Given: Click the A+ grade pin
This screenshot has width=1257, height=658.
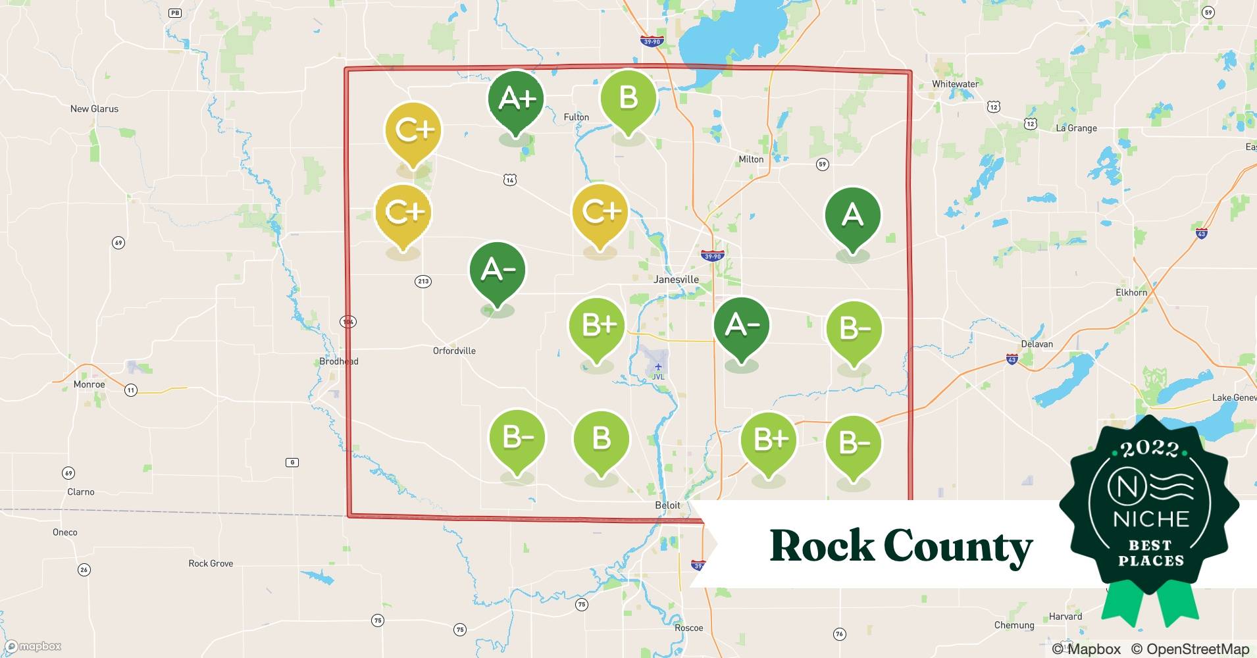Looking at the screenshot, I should tap(516, 100).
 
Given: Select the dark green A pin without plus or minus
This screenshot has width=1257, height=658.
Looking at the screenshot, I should tap(852, 216).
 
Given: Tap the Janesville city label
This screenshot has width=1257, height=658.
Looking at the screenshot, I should tap(676, 280).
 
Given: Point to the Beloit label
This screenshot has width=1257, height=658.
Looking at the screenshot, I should tap(667, 505).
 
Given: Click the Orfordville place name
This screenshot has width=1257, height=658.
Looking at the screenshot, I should tap(454, 351).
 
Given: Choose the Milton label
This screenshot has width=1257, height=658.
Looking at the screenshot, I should tap(751, 159).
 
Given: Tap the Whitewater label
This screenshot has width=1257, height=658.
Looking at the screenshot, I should tap(955, 84).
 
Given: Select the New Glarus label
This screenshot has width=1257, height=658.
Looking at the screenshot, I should tap(94, 109).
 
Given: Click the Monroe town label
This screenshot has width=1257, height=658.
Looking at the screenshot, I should tap(89, 385).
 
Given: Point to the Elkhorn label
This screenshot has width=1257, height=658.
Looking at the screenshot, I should tap(1131, 293).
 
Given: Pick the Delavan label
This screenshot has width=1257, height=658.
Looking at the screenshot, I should tap(1037, 344).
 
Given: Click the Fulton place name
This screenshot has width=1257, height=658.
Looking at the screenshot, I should tap(576, 117).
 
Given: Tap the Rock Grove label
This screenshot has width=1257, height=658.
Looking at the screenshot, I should tap(211, 564).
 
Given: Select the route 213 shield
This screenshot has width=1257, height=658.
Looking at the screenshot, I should tap(423, 282).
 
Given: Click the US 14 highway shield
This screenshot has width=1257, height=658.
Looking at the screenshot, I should tap(511, 180).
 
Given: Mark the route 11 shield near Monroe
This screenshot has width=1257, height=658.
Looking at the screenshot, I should tap(131, 391).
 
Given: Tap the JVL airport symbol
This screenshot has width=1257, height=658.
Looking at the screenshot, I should tap(658, 367).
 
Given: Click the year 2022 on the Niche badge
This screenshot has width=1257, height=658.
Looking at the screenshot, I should tap(1150, 449).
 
